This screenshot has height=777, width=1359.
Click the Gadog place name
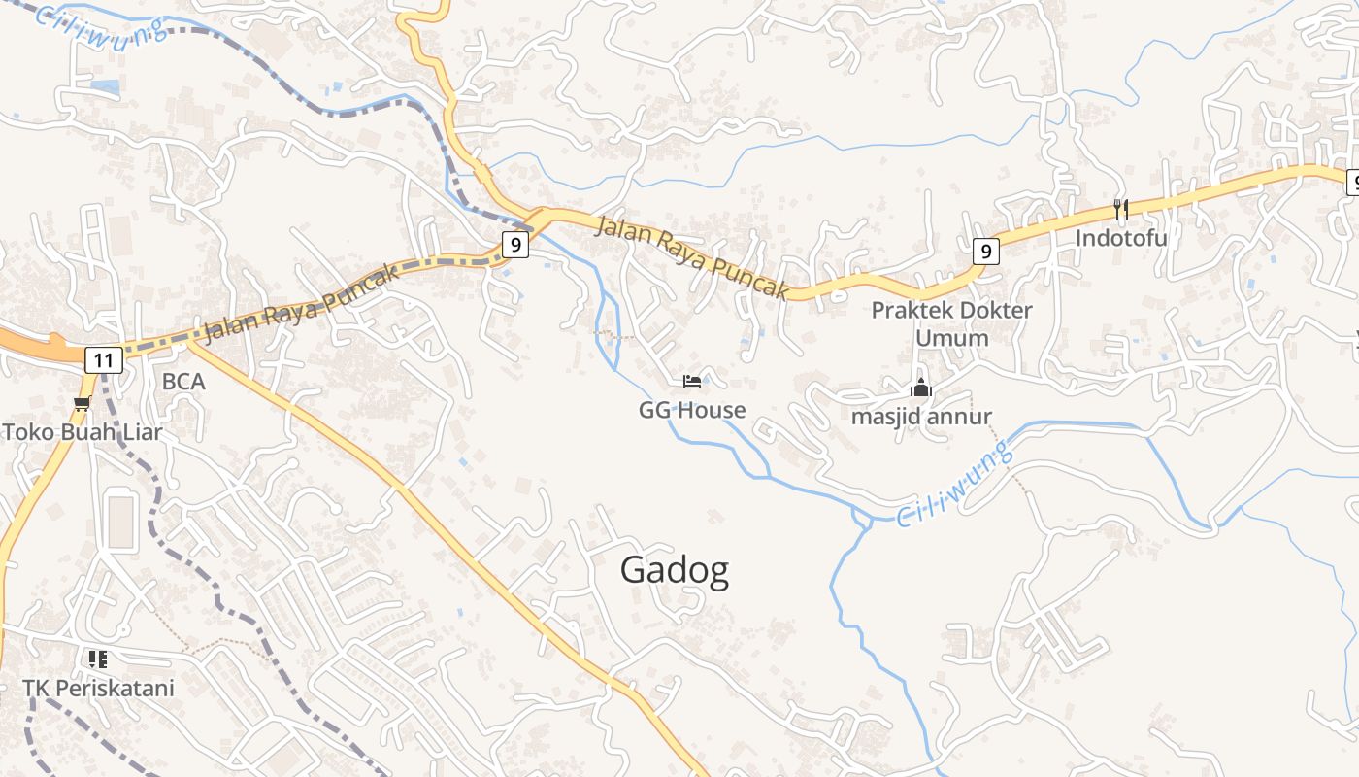(675, 570)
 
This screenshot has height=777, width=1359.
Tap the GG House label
(692, 410)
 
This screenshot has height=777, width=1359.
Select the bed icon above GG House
(692, 381)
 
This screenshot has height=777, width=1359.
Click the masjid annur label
(921, 417)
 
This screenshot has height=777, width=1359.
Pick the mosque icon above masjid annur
(921, 388)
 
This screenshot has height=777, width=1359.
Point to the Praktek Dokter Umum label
(951, 323)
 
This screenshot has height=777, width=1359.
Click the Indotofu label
(1121, 237)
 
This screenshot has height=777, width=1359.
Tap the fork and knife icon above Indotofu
(1121, 208)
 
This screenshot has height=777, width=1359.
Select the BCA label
(183, 382)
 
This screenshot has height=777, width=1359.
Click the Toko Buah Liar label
(83, 432)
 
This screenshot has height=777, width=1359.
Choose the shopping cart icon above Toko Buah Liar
(83, 403)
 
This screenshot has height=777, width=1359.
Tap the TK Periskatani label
(98, 689)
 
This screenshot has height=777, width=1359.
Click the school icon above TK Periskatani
(98, 659)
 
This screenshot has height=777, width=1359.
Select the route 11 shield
(104, 360)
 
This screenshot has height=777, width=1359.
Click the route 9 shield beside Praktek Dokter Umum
(986, 252)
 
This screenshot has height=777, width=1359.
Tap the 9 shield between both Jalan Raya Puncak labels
(515, 244)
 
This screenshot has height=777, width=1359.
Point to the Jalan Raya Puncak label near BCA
(302, 302)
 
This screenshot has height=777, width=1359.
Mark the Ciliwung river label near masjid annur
(952, 483)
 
